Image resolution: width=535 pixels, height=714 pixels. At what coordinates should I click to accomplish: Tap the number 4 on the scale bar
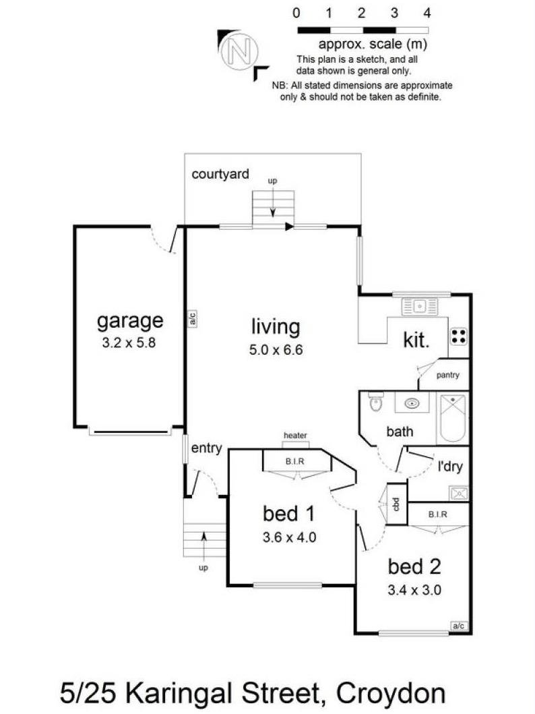pyautogui.click(x=427, y=13)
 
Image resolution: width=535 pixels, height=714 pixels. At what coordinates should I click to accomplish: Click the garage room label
pyautogui.click(x=130, y=320)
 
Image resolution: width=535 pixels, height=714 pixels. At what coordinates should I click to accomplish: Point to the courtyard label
pyautogui.click(x=220, y=174)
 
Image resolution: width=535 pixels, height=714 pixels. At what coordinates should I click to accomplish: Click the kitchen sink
pyautogui.click(x=419, y=307)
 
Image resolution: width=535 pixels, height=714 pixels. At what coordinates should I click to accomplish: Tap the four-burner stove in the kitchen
pyautogui.click(x=459, y=336)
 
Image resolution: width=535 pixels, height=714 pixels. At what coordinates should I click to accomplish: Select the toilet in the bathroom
pyautogui.click(x=375, y=403)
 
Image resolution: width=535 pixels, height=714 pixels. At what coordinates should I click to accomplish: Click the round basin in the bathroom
pyautogui.click(x=412, y=403)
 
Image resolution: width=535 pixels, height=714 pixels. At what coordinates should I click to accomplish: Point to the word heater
pyautogui.click(x=295, y=436)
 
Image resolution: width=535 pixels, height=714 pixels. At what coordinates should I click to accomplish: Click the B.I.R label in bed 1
pyautogui.click(x=293, y=462)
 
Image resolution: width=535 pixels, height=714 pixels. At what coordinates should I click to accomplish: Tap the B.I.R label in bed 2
pyautogui.click(x=439, y=514)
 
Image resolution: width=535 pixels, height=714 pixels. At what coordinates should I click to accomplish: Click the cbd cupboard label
pyautogui.click(x=397, y=504)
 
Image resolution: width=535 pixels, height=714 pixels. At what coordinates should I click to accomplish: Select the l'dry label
pyautogui.click(x=452, y=466)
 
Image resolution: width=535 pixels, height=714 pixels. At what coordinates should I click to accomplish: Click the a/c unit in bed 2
pyautogui.click(x=459, y=626)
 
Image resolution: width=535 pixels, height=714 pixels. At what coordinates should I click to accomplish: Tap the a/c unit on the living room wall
pyautogui.click(x=191, y=318)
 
